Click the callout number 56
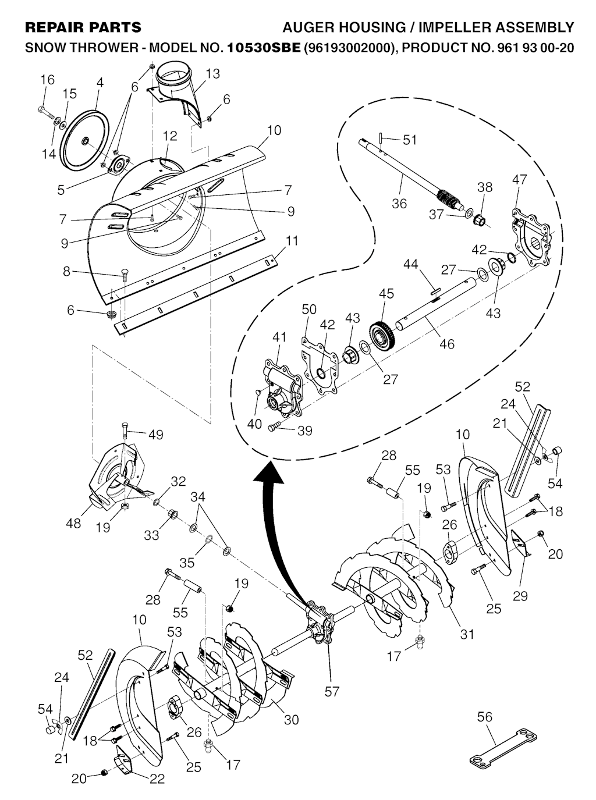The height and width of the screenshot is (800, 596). (x=484, y=717)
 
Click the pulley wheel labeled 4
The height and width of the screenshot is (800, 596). (x=85, y=140)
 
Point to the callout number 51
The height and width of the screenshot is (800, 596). (x=410, y=140)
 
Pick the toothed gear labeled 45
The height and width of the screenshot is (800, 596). (x=383, y=332)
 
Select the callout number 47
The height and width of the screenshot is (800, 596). (x=520, y=179)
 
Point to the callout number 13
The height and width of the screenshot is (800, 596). (x=213, y=73)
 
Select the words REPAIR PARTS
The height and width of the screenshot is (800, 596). (x=83, y=27)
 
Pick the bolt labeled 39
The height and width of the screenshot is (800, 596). (x=274, y=428)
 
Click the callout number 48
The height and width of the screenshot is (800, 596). (x=73, y=524)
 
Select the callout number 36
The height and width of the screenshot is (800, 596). (x=399, y=204)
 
